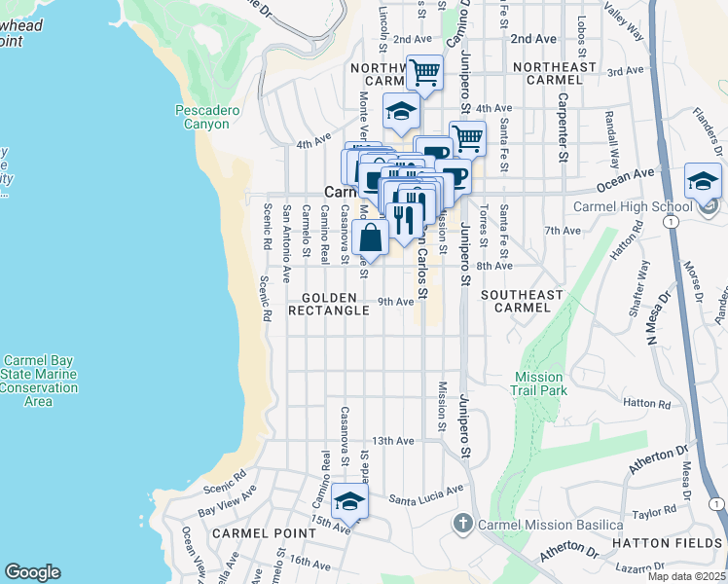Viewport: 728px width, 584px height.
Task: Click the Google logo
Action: [32, 572]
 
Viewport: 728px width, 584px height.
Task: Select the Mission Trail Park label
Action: [538, 383]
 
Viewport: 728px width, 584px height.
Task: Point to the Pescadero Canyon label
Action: [206, 117]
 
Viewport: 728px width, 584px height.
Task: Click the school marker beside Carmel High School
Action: [703, 182]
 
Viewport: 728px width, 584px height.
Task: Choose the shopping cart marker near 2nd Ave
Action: [424, 71]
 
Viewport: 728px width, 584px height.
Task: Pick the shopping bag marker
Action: [372, 237]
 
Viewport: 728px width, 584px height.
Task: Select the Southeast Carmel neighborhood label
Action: [522, 301]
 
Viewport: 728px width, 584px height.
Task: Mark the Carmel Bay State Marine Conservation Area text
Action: [39, 381]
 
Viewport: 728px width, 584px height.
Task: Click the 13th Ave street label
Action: [396, 441]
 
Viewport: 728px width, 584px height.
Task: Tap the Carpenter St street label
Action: [562, 127]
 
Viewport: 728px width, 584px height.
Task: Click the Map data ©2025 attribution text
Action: [687, 576]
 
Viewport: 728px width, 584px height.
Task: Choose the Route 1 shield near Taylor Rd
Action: [716, 503]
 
